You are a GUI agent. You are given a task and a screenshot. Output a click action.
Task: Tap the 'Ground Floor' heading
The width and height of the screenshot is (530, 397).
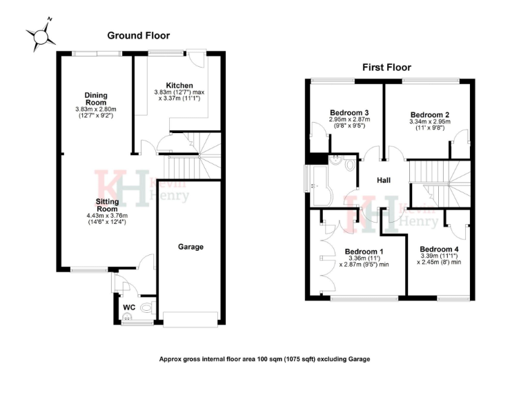(138, 35)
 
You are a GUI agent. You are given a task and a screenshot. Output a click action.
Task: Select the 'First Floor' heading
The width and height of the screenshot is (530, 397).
(386, 68)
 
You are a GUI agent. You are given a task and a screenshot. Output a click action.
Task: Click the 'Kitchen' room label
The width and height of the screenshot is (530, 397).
(169, 85)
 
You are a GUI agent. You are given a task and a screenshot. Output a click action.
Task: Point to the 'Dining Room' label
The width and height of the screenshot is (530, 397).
(95, 99)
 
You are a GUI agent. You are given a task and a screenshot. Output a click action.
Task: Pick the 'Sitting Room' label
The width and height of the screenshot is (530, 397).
(106, 205)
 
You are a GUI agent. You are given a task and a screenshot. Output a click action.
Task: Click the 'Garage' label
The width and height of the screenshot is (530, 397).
(190, 247)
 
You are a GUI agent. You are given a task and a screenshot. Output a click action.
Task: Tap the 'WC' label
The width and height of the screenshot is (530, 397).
(128, 307)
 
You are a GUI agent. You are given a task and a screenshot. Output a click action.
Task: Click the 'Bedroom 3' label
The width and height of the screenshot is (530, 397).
(349, 112)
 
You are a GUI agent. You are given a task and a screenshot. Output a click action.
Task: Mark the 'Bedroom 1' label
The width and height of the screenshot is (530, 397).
(364, 252)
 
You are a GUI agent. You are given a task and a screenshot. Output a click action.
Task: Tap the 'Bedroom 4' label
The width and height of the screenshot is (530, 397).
(439, 250)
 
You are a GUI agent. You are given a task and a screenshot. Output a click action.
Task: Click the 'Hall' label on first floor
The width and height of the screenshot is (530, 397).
(384, 180)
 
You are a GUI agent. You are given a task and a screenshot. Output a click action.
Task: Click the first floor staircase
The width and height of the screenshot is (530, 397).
(439, 181)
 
